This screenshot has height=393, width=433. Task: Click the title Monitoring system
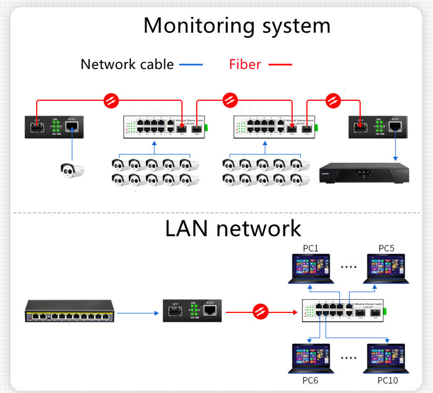(237, 26)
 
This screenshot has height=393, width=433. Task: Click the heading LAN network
(233, 229)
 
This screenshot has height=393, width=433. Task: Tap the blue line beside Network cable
(191, 65)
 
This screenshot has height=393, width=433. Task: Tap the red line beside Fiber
(280, 65)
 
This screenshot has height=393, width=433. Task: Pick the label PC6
(310, 380)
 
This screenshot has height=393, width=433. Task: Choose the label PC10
(387, 380)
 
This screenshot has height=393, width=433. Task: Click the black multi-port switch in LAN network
(67, 311)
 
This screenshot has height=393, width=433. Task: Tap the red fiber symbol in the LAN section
(260, 312)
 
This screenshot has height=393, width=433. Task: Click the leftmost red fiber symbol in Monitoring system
(111, 100)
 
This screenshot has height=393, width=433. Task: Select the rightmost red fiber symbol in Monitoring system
(333, 100)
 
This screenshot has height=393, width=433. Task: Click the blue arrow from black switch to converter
(137, 313)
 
